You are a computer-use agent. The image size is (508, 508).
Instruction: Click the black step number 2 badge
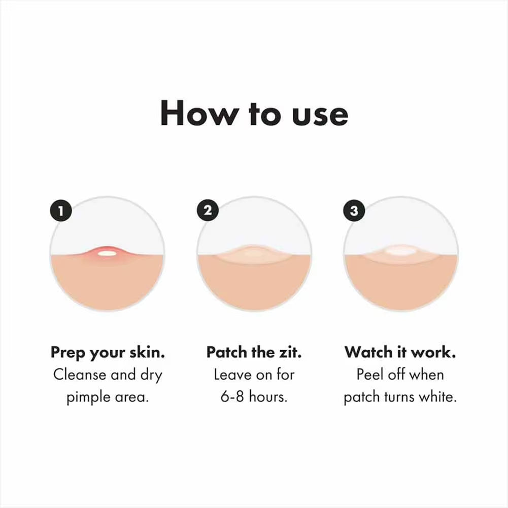[208, 210]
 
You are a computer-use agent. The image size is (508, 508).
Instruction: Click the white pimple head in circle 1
[106, 252]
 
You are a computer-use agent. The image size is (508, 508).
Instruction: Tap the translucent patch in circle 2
[253, 254]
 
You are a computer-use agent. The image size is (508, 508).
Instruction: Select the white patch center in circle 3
[400, 251]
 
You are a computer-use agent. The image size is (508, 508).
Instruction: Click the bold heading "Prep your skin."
[107, 353]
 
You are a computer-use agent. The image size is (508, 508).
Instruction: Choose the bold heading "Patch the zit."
[254, 352]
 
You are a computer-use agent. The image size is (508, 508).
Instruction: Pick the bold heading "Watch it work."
[400, 352]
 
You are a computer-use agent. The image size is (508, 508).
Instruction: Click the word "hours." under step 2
[268, 397]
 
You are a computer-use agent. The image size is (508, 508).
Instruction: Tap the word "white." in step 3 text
[437, 397]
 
